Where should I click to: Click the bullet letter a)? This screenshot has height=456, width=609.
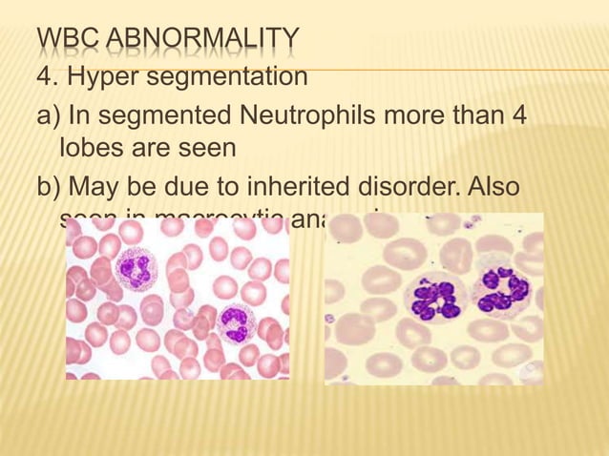click(48, 116)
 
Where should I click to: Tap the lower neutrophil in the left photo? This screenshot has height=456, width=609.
click(231, 323)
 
